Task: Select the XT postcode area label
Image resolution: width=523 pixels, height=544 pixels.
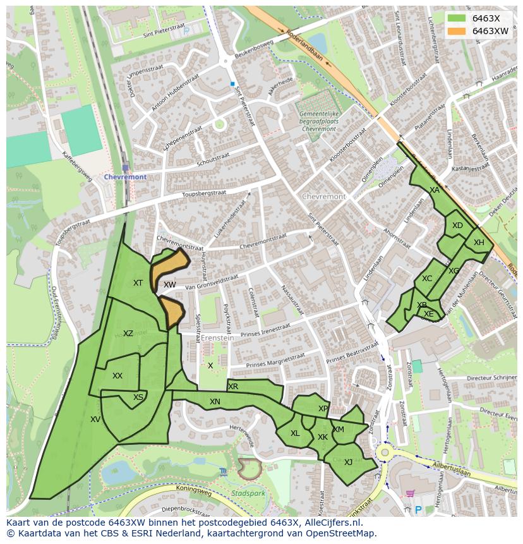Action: [x=138, y=283]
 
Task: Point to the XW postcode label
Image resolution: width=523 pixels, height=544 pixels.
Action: [x=169, y=285]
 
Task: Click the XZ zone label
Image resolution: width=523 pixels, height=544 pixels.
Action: [x=128, y=334]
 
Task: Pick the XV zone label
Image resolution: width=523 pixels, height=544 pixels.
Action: [x=95, y=419]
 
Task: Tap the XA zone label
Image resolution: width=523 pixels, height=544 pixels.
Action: [x=435, y=190]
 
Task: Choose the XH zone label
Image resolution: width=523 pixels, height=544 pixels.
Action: [x=479, y=243]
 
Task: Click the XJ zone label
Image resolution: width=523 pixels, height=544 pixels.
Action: [x=348, y=462]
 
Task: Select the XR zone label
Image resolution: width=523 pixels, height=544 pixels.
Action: [x=233, y=387]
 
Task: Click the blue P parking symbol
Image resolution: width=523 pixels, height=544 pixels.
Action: [x=418, y=509]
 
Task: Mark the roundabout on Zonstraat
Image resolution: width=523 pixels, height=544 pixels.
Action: [x=384, y=452]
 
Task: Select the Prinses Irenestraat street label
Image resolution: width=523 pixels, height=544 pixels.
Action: [x=274, y=331]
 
